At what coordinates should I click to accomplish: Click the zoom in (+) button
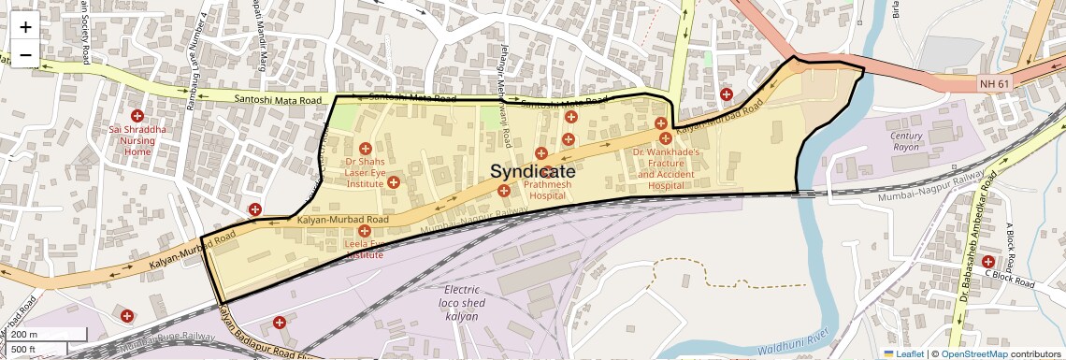tap(25, 27)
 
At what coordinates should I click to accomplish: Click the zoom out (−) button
tap(25, 54)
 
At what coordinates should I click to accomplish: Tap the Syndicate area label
tap(533, 172)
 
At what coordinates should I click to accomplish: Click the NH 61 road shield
tap(996, 84)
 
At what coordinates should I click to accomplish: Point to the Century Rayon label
tap(906, 142)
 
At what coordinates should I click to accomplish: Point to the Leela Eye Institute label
tap(364, 250)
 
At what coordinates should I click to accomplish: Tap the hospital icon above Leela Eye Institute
tap(364, 230)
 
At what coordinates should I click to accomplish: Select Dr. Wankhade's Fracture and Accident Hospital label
tap(666, 168)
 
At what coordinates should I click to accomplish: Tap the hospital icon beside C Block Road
tap(987, 261)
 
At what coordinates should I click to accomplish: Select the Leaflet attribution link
tap(903, 354)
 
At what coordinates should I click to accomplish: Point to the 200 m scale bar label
tap(26, 335)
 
